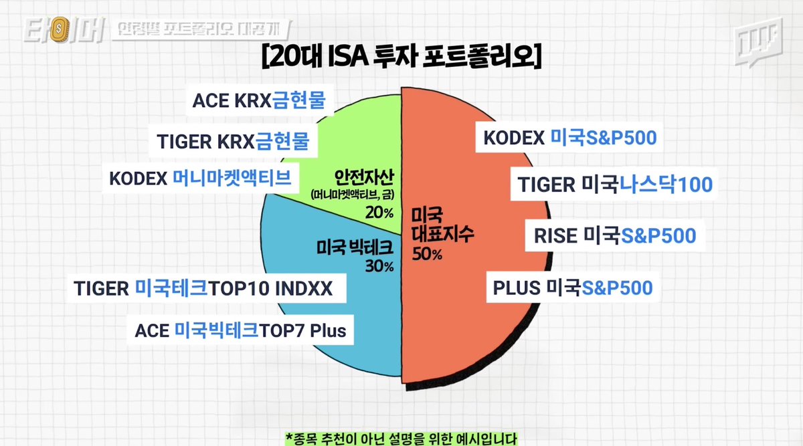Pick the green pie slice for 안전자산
pos(348,134)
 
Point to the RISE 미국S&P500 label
pos(614,235)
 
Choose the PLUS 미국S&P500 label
pos(572,288)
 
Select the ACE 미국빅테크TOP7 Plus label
pos(241,330)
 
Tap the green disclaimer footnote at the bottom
pos(401,438)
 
